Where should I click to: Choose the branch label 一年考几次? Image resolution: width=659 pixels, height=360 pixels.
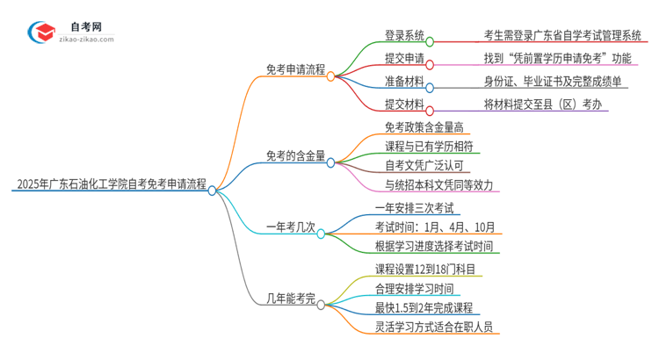289,227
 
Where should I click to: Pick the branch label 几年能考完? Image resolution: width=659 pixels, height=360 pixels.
289,298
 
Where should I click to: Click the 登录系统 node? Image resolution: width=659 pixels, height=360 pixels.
404,36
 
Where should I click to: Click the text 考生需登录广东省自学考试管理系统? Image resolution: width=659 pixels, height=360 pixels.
562,36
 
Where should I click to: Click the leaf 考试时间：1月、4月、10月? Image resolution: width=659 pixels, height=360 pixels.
436,227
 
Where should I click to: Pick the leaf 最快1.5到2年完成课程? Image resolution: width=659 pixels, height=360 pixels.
424,307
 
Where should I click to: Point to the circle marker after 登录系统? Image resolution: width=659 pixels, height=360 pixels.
430,40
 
